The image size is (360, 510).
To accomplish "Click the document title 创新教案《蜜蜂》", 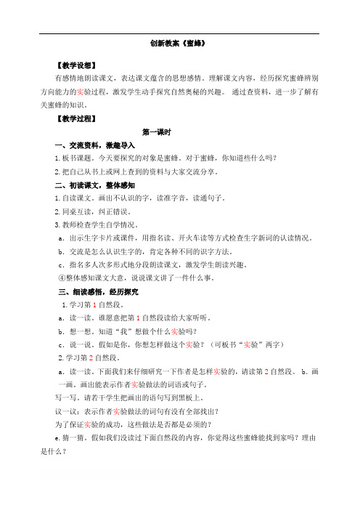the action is tap(179, 43).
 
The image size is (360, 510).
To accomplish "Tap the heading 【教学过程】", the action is tap(77, 118).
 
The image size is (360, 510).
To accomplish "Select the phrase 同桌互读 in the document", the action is tap(75, 212).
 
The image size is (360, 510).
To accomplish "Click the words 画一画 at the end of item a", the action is tap(68, 384).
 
